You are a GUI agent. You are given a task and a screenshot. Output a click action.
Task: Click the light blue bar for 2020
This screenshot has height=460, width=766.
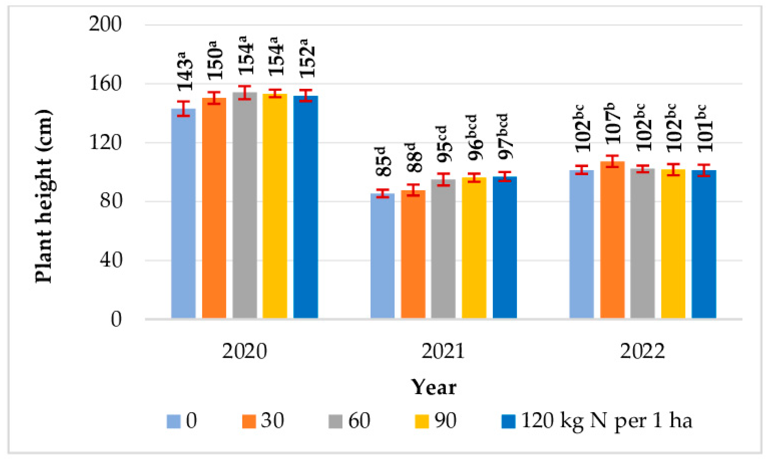point(183,214)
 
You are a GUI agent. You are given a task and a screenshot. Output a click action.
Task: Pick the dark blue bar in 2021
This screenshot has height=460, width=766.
point(505,247)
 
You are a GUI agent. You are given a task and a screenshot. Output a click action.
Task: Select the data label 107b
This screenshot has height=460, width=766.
point(613,123)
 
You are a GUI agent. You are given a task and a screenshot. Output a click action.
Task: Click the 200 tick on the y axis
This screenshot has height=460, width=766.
point(105,24)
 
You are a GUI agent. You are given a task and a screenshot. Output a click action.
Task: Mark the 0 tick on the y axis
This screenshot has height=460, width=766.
point(116,319)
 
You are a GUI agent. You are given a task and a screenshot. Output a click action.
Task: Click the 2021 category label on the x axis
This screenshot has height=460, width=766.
point(443,351)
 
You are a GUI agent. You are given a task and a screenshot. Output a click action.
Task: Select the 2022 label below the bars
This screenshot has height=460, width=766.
point(642,351)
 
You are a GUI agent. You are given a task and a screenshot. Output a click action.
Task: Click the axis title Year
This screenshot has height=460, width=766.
point(434,388)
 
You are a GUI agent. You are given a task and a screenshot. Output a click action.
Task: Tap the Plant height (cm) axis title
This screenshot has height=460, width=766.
point(44,196)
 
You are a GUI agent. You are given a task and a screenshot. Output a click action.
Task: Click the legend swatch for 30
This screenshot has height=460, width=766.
point(249,421)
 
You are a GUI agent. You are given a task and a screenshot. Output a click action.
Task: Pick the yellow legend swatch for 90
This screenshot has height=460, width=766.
point(421,421)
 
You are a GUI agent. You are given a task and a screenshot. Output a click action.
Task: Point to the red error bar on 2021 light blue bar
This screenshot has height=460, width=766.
point(383,193)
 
